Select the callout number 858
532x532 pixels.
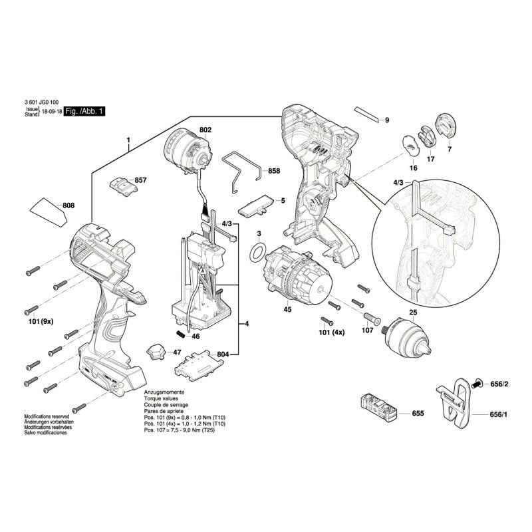(274, 171)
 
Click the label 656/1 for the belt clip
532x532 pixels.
(498, 414)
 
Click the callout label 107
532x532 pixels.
(367, 331)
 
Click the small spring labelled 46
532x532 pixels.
(180, 334)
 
